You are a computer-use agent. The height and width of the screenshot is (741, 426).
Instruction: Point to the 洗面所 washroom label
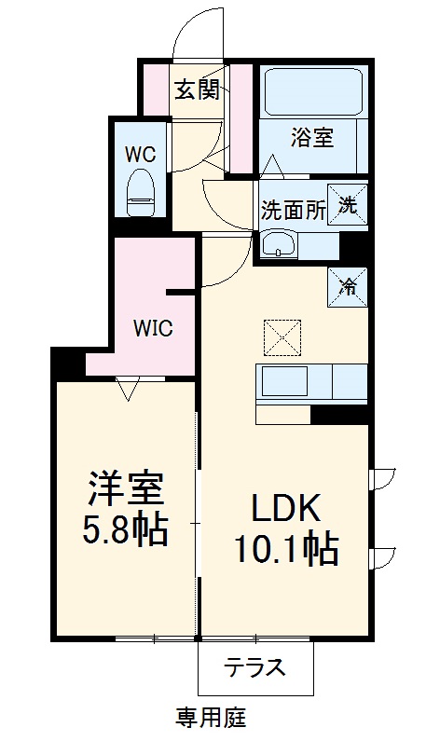[x=292, y=210]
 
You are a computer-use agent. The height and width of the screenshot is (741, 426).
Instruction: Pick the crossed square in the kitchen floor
[x=282, y=336]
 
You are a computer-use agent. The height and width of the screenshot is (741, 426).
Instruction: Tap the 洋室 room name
[x=126, y=487]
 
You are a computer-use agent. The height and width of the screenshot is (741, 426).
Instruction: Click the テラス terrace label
[x=254, y=667]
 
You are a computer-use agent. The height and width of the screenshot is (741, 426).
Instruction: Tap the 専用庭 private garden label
[x=211, y=718]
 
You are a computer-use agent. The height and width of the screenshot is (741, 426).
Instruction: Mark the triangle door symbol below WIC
[x=128, y=388]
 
